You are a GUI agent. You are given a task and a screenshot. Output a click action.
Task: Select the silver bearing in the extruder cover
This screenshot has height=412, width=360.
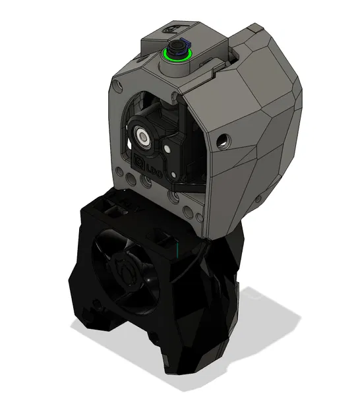tap(144, 137)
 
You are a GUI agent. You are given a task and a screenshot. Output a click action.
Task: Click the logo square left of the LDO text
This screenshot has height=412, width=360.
tap(139, 160)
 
